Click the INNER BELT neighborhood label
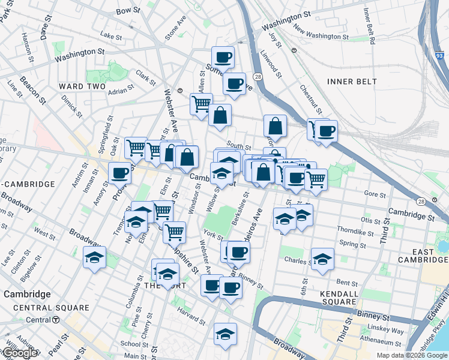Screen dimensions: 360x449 [352, 81]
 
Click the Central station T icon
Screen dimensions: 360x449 [56, 320]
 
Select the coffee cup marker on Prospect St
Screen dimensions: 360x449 [120, 173]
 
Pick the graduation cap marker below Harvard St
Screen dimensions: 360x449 [225, 333]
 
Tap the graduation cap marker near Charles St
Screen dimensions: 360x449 [322, 259]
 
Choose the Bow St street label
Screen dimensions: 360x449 [128, 11]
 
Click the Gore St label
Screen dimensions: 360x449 [375, 194]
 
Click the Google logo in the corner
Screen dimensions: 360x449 [20, 353]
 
